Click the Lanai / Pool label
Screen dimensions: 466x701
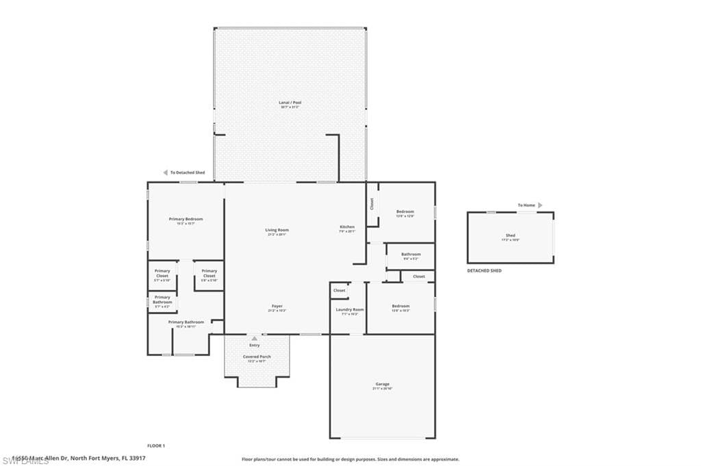290,103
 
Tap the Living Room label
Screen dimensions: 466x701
277,230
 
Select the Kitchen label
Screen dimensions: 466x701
348,226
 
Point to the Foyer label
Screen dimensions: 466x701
277,306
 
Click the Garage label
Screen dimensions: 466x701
382,385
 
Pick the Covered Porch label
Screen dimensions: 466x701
257,357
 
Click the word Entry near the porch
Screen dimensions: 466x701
255,345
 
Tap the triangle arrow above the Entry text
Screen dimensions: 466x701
255,337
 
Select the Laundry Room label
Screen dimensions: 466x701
349,309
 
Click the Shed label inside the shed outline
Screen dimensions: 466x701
511,235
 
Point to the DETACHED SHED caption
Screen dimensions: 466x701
484,271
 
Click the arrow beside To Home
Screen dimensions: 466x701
540,205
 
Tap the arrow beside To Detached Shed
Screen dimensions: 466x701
165,172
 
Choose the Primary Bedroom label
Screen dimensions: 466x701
186,219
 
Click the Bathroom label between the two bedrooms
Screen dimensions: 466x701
411,254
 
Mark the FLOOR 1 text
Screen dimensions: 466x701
156,445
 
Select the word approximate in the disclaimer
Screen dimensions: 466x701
443,459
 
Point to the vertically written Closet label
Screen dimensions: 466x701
372,204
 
